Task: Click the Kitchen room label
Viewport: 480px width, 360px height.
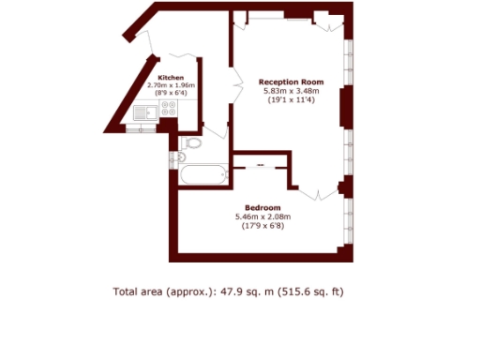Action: point(170,77)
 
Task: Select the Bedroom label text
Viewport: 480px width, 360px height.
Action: point(262,207)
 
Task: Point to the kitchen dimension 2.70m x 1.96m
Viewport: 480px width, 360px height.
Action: point(170,85)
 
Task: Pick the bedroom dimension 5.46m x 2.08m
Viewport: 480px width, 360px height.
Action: point(262,217)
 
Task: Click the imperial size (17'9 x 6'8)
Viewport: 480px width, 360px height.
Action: point(262,225)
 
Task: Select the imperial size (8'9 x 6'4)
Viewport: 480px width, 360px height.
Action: point(170,94)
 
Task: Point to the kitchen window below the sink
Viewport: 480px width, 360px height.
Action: point(144,128)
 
